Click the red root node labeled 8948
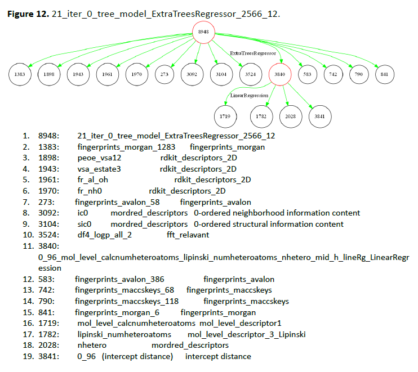pos(204,32)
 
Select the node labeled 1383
pos(20,74)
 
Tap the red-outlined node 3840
pos(280,74)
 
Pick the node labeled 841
pos(384,74)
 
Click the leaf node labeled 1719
pos(225,116)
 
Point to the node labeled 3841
pos(320,116)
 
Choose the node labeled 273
pos(164,74)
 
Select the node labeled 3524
pos(251,74)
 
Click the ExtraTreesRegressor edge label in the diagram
pos(253,53)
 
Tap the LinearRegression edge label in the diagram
pos(249,96)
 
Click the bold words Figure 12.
pos(28,14)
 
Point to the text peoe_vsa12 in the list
pos(99,158)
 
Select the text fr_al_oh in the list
pos(92,180)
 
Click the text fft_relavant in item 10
pos(188,235)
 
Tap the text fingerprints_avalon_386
pos(119,279)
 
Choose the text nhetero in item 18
pos(92,346)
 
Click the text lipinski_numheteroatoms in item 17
pos(124,334)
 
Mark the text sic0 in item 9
pos(85,224)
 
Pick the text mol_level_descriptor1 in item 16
pos(241,323)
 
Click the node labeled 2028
pos(291,116)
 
